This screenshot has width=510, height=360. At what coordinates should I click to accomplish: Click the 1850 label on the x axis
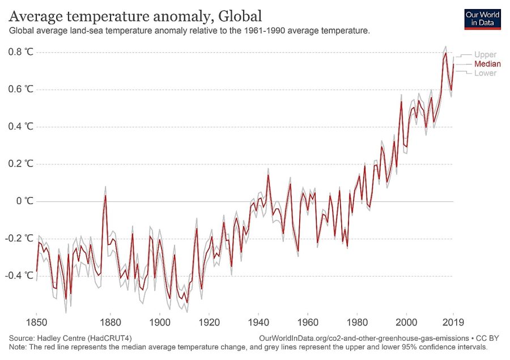tap(37, 319)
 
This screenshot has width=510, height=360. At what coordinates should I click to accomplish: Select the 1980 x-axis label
tap(356, 319)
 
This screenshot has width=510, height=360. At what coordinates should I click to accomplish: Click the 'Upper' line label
tap(485, 54)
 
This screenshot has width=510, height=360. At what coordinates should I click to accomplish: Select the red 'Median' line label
tap(487, 64)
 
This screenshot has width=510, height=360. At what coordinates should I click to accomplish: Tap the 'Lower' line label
tap(485, 73)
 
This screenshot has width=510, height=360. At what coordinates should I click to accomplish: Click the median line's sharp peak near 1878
tap(105, 196)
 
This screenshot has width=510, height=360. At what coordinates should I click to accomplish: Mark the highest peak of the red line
tap(446, 53)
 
